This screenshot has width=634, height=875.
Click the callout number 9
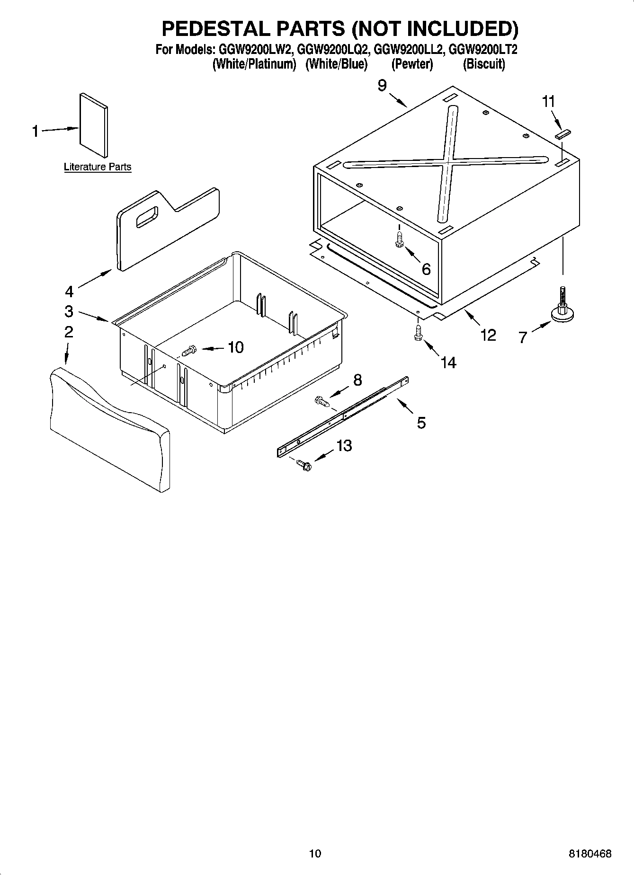point(382,86)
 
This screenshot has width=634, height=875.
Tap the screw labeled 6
point(399,239)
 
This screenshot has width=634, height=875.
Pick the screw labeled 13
point(303,465)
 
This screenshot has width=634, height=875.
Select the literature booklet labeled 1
point(94,125)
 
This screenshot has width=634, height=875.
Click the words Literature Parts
point(98,167)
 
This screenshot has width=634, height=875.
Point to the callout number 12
point(488,335)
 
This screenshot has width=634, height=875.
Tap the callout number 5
point(421,422)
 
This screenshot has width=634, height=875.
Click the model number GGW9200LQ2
point(333,50)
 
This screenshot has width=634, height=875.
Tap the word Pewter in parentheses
point(412,64)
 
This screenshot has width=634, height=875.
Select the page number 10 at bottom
point(315,853)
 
